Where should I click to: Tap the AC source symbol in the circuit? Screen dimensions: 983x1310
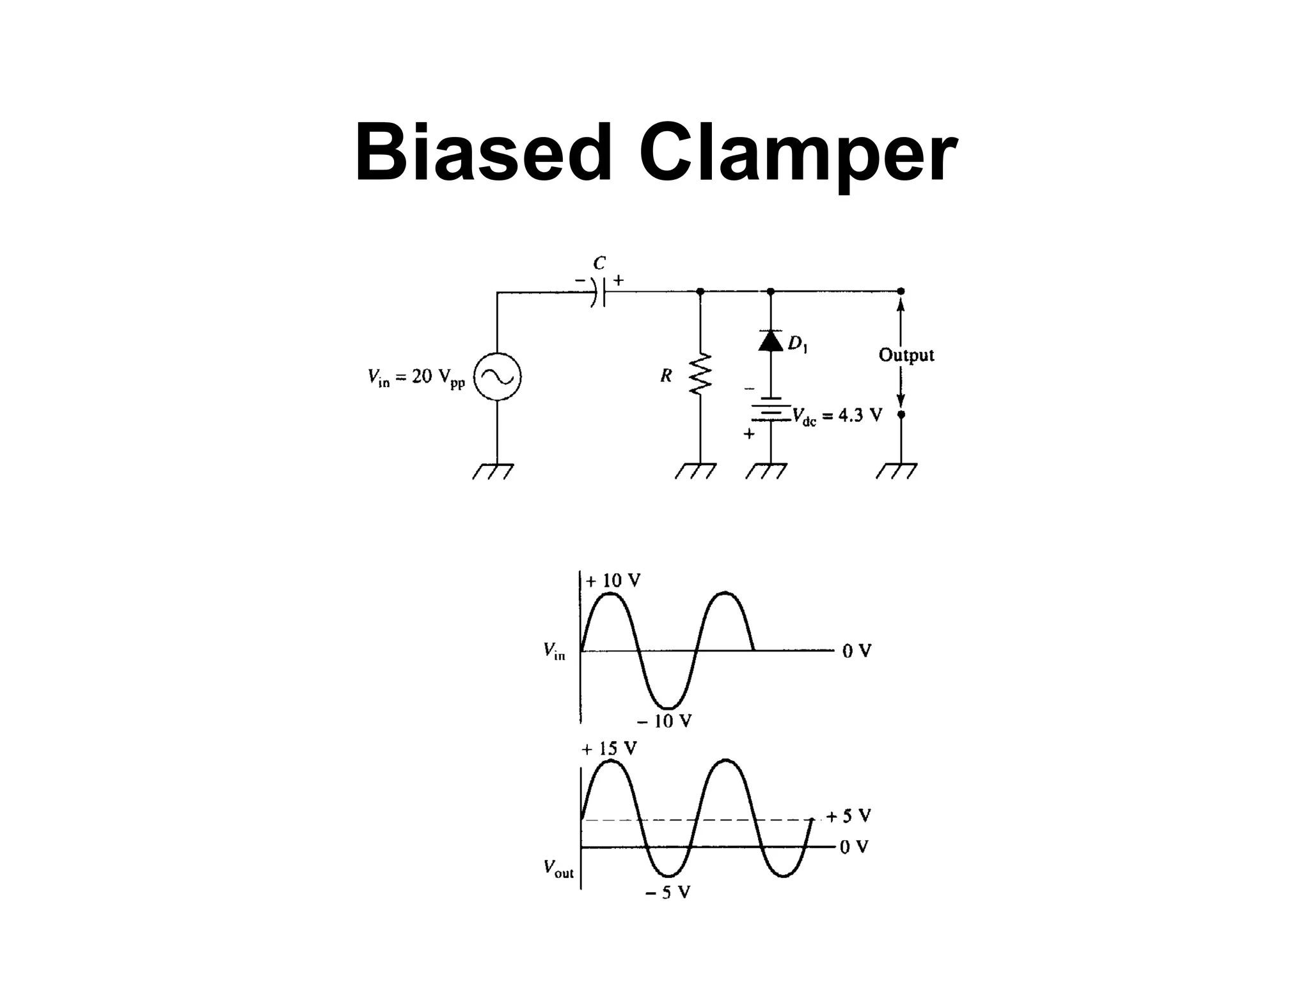[x=497, y=377]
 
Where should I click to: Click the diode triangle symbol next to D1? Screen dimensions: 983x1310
[x=771, y=340]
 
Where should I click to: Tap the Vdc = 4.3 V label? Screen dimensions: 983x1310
[x=837, y=416]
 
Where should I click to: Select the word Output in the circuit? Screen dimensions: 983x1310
[x=906, y=355]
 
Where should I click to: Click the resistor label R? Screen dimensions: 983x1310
[x=666, y=376]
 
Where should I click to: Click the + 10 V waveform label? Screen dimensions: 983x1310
[x=613, y=580]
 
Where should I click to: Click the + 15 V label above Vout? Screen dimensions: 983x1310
[x=609, y=748]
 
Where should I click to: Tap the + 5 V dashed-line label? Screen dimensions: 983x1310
[x=848, y=816]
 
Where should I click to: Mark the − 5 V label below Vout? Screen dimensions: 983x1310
[x=667, y=893]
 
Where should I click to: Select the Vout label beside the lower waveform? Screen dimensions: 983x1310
[x=558, y=868]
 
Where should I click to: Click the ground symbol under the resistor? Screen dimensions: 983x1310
[x=697, y=471]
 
